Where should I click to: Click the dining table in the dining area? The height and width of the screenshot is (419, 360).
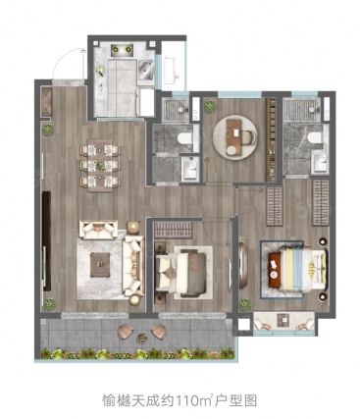point(100,165)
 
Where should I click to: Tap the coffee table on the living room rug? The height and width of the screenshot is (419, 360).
point(100,265)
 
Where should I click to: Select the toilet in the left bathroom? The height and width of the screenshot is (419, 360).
point(184,138)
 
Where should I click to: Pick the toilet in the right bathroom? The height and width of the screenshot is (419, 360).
point(315,138)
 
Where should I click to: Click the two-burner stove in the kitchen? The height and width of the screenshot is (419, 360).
point(121,50)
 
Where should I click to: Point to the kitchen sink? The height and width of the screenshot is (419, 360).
point(146,70)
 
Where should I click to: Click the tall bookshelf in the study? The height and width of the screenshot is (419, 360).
point(271,139)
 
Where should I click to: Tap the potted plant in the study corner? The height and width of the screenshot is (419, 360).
point(210,106)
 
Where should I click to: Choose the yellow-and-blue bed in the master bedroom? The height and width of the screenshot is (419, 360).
point(298,268)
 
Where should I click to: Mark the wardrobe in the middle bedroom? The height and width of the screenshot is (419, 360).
point(173,229)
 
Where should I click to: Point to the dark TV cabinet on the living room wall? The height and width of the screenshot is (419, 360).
point(46,241)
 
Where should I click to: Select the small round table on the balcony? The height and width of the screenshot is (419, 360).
point(142,338)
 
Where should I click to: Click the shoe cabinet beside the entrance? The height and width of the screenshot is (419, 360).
point(46,102)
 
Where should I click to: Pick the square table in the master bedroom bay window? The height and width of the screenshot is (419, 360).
point(283,320)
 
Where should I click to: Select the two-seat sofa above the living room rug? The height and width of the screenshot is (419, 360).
point(99,229)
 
